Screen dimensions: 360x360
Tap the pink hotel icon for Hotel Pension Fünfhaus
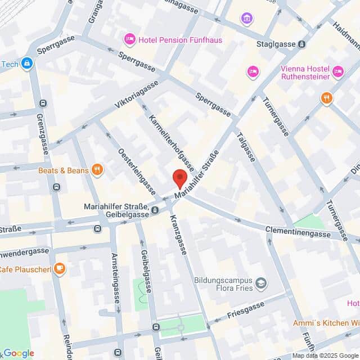tap(129, 40)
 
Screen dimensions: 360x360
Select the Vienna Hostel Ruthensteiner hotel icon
tap(337, 71)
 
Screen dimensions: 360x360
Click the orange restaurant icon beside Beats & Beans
tap(98, 170)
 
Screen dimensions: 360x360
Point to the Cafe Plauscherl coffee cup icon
tap(60, 269)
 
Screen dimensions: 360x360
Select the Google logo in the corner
tap(18, 353)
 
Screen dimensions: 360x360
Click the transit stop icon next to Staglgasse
tap(303, 44)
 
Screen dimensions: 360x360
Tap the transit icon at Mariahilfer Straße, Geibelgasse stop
tap(155, 210)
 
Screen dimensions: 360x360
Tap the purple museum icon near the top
tap(246, 19)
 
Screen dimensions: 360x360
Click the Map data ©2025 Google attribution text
tap(325, 355)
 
